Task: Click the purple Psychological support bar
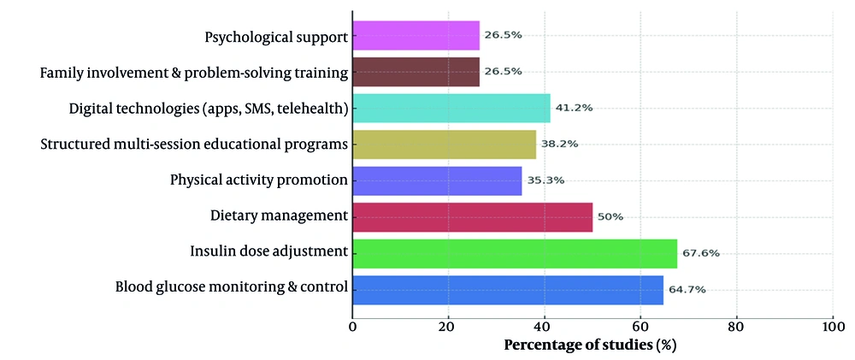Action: click(416, 35)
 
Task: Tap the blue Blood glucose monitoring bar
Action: click(508, 290)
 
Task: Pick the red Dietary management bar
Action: click(473, 217)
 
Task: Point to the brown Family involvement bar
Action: click(416, 72)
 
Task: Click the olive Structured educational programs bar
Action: click(445, 145)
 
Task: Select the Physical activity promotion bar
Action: click(437, 180)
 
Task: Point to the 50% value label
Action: click(610, 217)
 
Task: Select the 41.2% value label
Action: click(574, 108)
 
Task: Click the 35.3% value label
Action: click(545, 180)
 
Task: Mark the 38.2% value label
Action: click(559, 145)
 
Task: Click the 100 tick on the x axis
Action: click(832, 326)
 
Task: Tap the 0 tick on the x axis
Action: click(352, 326)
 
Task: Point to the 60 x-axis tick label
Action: click(640, 326)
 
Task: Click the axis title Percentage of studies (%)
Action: click(590, 345)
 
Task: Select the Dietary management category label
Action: click(279, 216)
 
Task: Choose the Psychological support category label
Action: click(276, 37)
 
